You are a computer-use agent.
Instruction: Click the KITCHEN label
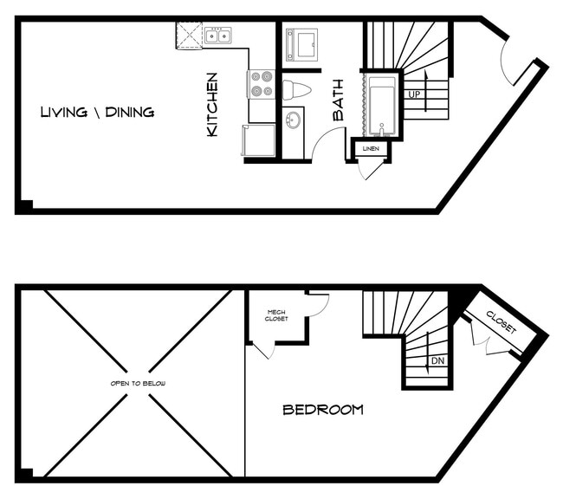pyautogui.click(x=212, y=104)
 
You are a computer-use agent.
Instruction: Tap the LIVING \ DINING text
pyautogui.click(x=97, y=112)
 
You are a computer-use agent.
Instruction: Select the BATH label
pyautogui.click(x=338, y=101)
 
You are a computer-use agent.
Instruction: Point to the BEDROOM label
pyautogui.click(x=323, y=410)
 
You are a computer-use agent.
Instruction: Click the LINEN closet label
pyautogui.click(x=372, y=149)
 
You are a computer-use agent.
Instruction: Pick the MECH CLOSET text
pyautogui.click(x=276, y=315)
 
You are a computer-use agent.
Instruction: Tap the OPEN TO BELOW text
pyautogui.click(x=139, y=383)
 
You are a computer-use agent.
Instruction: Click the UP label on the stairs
pyautogui.click(x=413, y=94)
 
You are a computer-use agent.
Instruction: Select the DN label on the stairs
pyautogui.click(x=437, y=360)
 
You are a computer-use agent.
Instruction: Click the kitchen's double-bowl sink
pyautogui.click(x=217, y=36)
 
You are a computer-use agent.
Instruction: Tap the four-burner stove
pyautogui.click(x=262, y=84)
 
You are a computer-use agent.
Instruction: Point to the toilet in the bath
pyautogui.click(x=296, y=89)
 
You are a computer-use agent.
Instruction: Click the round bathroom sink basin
pyautogui.click(x=294, y=120)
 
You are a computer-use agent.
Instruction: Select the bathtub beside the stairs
pyautogui.click(x=381, y=106)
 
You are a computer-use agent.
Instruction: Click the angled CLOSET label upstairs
pyautogui.click(x=501, y=323)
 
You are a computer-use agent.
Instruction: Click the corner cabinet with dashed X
pyautogui.click(x=189, y=36)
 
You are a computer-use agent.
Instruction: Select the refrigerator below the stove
pyautogui.click(x=259, y=139)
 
